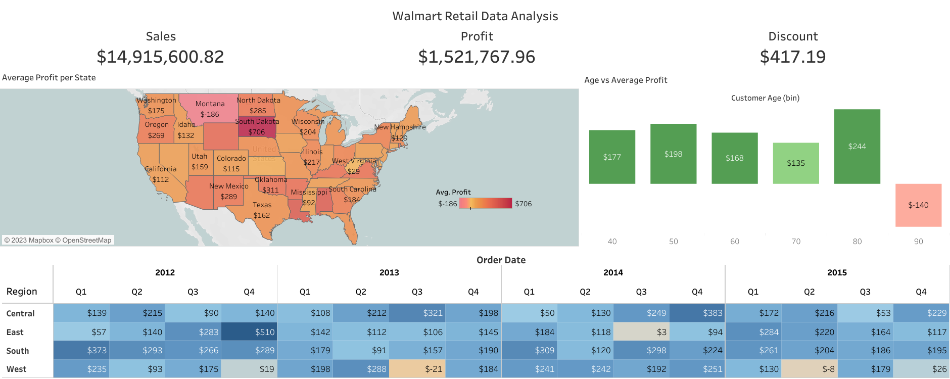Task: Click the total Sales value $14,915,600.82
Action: click(160, 57)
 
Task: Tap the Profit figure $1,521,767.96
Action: click(477, 57)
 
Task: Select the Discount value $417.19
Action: click(792, 57)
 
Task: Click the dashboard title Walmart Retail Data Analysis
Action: click(475, 16)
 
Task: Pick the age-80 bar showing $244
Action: click(857, 146)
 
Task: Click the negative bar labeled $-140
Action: click(918, 205)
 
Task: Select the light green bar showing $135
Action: click(795, 163)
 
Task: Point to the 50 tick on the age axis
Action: click(673, 242)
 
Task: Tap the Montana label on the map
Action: click(210, 104)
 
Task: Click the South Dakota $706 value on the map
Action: click(256, 132)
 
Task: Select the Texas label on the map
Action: click(262, 205)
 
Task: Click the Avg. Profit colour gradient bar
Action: click(485, 204)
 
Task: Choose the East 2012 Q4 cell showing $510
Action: click(249, 332)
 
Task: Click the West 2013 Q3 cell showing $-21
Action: click(416, 369)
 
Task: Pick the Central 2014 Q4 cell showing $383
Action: click(697, 313)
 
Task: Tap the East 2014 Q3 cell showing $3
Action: click(641, 332)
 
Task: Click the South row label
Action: click(18, 351)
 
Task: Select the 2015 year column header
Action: click(837, 272)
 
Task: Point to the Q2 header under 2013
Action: click(361, 292)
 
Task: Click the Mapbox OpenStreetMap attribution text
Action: click(58, 240)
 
